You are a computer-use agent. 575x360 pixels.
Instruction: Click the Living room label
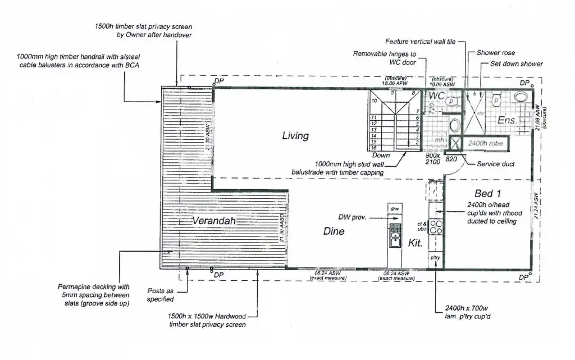tap(295, 135)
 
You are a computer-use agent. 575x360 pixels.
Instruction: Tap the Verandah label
tap(216, 221)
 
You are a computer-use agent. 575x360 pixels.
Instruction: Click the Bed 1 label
tap(487, 193)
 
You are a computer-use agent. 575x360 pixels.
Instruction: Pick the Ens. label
tap(507, 120)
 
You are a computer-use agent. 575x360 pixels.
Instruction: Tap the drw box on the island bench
tap(394, 209)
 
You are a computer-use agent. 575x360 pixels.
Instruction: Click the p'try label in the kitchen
tap(434, 257)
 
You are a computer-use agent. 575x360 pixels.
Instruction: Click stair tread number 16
tap(373, 148)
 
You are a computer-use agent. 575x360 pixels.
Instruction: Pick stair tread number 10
tap(373, 101)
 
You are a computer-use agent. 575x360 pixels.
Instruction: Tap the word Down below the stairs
tap(381, 156)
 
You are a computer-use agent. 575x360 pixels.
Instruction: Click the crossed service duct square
tap(454, 144)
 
